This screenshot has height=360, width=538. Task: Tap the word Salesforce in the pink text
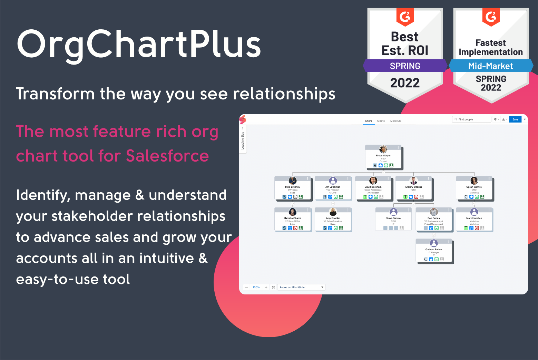pyautogui.click(x=167, y=156)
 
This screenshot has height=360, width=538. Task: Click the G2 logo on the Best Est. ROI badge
pyautogui.click(x=405, y=17)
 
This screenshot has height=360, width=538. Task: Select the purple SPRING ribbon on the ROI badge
pyautogui.click(x=405, y=66)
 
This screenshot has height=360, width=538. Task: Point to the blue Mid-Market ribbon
pyautogui.click(x=490, y=66)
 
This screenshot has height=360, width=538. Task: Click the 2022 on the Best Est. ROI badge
pyautogui.click(x=405, y=83)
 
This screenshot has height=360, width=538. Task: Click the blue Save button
pyautogui.click(x=515, y=119)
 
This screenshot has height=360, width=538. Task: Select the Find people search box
pyautogui.click(x=471, y=119)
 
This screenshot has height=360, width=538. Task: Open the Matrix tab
pyautogui.click(x=381, y=121)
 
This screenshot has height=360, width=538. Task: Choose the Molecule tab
pyautogui.click(x=396, y=121)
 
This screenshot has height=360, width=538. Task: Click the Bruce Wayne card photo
pyautogui.click(x=383, y=149)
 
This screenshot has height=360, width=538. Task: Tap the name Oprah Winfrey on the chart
pyautogui.click(x=474, y=187)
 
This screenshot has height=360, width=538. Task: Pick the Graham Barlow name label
pyautogui.click(x=434, y=249)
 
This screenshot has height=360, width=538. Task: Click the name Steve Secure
pyautogui.click(x=393, y=218)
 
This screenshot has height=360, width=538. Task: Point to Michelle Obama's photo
pyautogui.click(x=293, y=212)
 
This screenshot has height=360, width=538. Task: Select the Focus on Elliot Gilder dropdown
pyautogui.click(x=301, y=287)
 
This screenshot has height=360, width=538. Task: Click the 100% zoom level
pyautogui.click(x=256, y=287)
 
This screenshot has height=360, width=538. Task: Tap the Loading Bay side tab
pyautogui.click(x=243, y=140)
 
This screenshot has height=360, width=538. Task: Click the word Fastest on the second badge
pyautogui.click(x=490, y=43)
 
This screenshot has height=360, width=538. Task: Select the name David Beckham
pyautogui.click(x=373, y=187)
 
